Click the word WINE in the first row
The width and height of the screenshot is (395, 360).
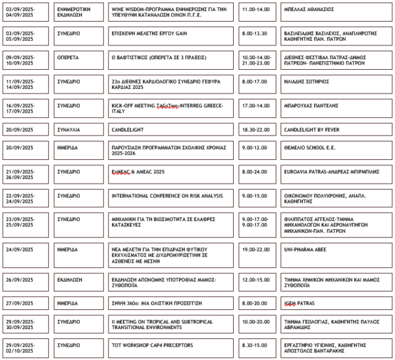(117, 10)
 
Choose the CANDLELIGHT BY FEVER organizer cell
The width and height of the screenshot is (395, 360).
(311, 130)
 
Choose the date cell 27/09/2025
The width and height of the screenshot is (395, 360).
(19, 303)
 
